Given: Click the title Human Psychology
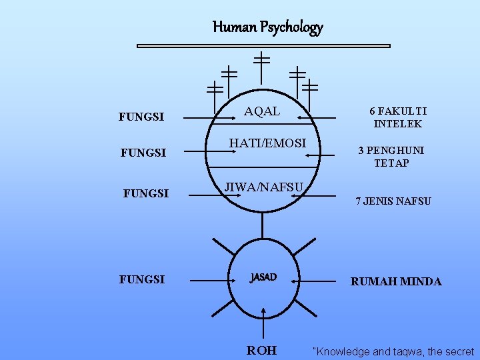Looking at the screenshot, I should tap(267, 27).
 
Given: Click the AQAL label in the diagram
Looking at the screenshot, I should tap(262, 112).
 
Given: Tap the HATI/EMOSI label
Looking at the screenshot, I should tap(267, 143).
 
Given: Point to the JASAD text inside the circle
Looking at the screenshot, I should tap(263, 277).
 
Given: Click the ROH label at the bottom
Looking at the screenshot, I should tap(261, 350).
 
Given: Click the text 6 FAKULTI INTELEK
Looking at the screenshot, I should tap(399, 117).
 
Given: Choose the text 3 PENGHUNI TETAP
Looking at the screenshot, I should tap(391, 157).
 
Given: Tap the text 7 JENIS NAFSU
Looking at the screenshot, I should tap(393, 201).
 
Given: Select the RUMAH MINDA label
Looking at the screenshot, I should tap(396, 281).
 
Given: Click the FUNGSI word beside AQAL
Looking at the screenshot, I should tap(141, 117).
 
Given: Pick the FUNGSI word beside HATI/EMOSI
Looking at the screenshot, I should tap(143, 153).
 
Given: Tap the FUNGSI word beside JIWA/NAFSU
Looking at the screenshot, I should tap(146, 194).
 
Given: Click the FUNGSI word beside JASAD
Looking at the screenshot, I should tap(142, 279).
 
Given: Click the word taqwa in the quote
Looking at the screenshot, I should tap(399, 351).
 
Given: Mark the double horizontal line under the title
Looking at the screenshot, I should tap(263, 46).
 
